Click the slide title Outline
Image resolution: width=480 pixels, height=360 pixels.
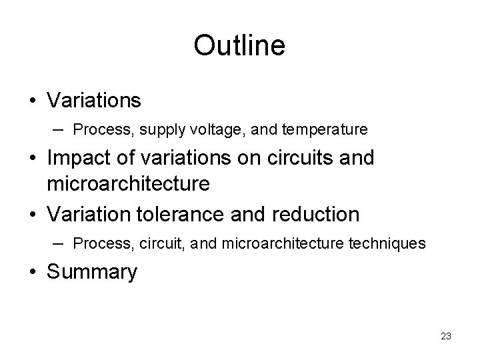(x=239, y=46)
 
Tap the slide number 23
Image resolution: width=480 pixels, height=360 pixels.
(x=446, y=336)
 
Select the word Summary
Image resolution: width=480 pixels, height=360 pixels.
(x=93, y=272)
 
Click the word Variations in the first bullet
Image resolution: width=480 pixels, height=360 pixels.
(x=94, y=101)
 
